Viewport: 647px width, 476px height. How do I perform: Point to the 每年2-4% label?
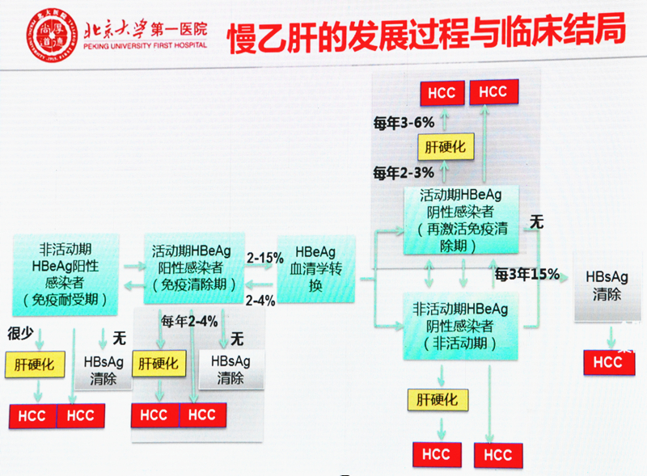click(189, 320)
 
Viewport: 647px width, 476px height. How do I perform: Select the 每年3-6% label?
click(404, 123)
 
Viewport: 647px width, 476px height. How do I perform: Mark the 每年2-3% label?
click(404, 172)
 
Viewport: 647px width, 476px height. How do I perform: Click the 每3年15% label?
click(527, 273)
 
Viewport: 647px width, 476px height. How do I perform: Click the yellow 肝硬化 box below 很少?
click(34, 364)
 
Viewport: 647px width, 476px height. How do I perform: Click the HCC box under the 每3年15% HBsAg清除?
click(607, 362)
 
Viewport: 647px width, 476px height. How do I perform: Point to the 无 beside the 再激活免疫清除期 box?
click(536, 220)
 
